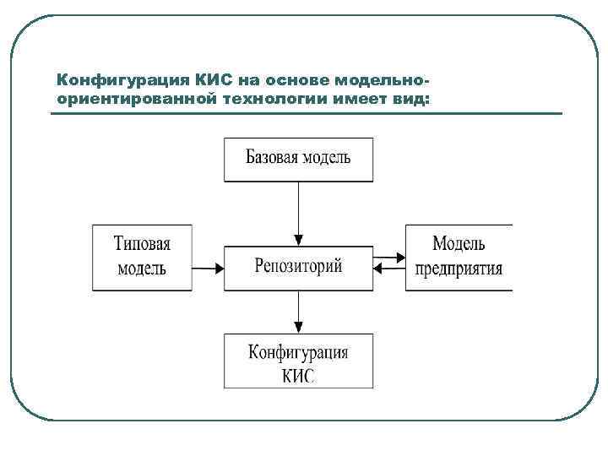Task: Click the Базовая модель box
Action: (x=298, y=159)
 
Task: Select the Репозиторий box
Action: (x=298, y=269)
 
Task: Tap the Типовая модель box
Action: (x=142, y=257)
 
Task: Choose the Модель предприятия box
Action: (x=459, y=257)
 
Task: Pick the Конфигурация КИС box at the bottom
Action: (x=298, y=361)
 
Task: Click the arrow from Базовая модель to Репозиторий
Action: (x=298, y=211)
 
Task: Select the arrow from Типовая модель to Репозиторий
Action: (x=208, y=269)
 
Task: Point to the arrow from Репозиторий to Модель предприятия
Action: (x=389, y=256)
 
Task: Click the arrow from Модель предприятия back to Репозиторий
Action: (x=389, y=269)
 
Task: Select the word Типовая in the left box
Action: (x=142, y=245)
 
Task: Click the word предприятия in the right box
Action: (x=459, y=269)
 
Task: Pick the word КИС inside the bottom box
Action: (x=298, y=373)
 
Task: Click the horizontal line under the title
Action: (x=306, y=114)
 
